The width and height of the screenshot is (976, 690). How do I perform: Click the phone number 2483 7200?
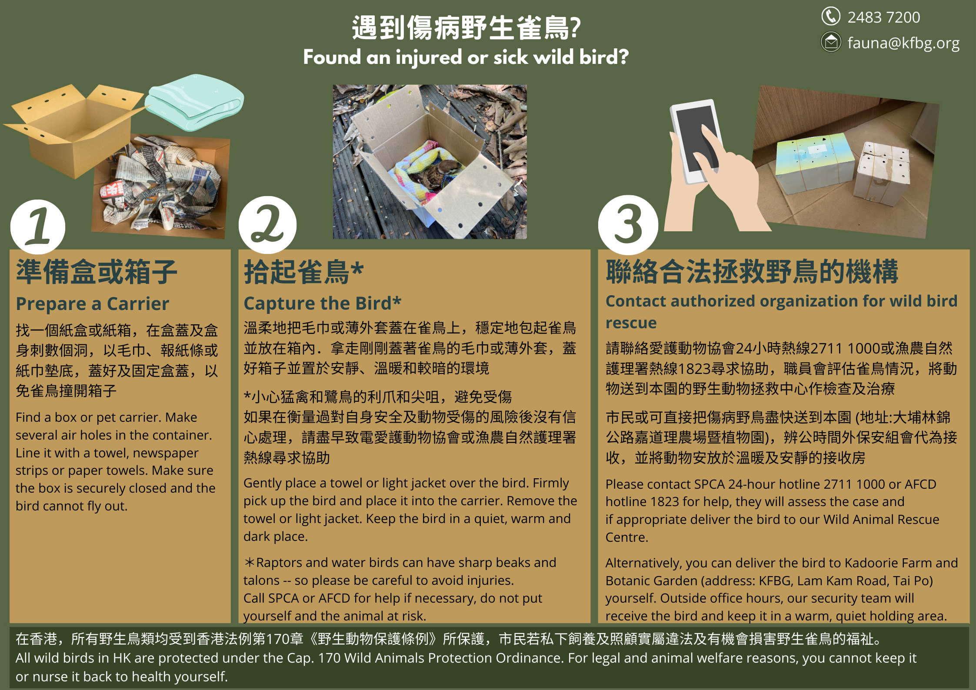[x=883, y=17]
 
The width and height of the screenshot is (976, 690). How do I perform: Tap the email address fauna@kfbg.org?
[x=903, y=43]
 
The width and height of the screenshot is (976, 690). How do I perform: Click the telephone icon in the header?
[x=831, y=17]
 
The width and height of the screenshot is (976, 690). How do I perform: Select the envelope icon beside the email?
[x=831, y=42]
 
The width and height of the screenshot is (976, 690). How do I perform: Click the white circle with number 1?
[x=38, y=227]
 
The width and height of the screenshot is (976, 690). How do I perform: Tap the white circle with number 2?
[x=267, y=225]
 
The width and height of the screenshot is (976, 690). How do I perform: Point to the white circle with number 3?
[x=628, y=225]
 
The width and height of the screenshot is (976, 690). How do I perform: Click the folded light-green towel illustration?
[x=194, y=103]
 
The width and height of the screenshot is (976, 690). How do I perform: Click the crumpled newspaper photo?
[x=160, y=186]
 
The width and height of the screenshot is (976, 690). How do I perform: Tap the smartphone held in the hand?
[x=696, y=141]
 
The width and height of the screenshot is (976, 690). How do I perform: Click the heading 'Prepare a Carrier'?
[x=92, y=303]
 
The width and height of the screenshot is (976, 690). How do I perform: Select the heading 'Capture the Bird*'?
[x=322, y=303]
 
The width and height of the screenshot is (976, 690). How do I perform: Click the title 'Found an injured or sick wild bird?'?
[x=466, y=57]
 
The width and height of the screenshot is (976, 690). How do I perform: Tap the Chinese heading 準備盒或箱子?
[x=97, y=272]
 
